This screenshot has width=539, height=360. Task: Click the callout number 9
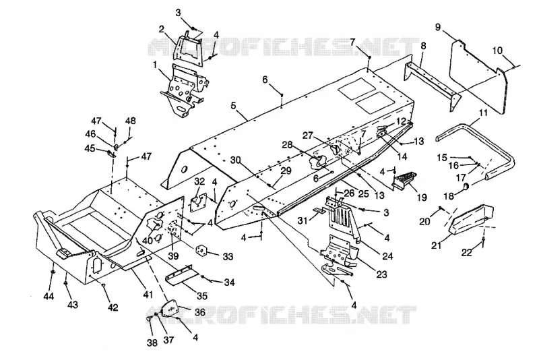[x=437, y=27]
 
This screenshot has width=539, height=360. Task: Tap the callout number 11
[x=483, y=113]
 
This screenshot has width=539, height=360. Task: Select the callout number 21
[x=437, y=245]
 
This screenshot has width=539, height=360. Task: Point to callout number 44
[x=49, y=295]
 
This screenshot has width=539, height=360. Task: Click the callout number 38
[x=152, y=342]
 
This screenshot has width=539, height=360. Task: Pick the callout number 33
[x=228, y=256]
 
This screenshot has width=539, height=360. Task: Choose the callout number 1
[x=155, y=65]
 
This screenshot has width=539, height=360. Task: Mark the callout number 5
[x=234, y=106]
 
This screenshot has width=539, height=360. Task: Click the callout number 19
[x=422, y=198]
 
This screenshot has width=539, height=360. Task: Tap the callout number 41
[x=148, y=295]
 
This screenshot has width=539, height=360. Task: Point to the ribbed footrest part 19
[x=405, y=181]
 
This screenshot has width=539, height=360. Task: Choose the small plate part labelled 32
[x=199, y=203]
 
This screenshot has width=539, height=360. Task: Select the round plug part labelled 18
[x=467, y=187]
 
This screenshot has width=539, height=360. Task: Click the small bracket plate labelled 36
[x=170, y=308]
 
